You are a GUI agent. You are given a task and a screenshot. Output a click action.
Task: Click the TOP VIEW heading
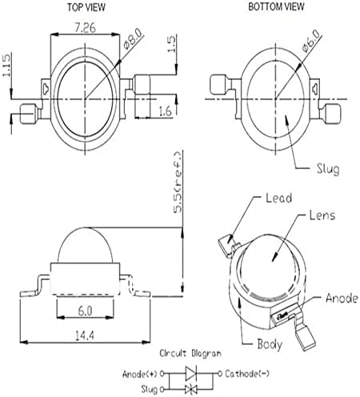(x=86, y=7)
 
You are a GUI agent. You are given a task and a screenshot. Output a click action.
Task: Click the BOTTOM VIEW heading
(x=276, y=6)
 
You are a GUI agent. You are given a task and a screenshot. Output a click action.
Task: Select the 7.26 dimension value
(x=85, y=27)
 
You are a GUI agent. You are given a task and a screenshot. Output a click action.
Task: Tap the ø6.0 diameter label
(x=311, y=41)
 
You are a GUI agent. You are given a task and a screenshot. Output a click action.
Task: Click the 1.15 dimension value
(x=7, y=65)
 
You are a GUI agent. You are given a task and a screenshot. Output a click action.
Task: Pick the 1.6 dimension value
(x=165, y=110)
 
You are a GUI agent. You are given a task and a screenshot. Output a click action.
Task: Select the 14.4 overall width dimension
(x=85, y=335)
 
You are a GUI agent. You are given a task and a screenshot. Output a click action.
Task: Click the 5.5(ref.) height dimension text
(x=178, y=182)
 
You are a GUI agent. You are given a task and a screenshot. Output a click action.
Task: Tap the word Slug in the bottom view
(x=328, y=169)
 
